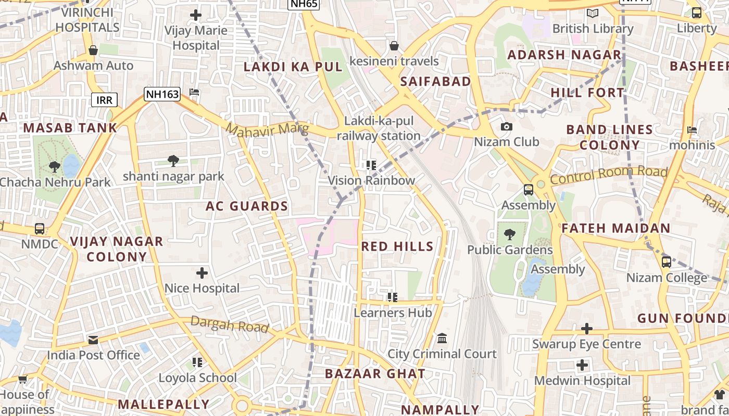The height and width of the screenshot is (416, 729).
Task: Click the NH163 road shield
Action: click(162, 94)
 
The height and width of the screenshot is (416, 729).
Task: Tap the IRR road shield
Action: click(104, 100)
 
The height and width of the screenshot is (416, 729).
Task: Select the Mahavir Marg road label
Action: click(268, 129)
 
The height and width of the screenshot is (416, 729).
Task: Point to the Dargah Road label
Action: click(230, 324)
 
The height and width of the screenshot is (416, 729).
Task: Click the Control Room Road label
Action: click(609, 175)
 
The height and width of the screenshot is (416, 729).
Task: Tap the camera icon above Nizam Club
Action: click(506, 126)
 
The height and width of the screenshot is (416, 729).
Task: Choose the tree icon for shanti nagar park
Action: click(173, 161)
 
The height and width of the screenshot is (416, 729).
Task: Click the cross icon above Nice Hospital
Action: click(202, 272)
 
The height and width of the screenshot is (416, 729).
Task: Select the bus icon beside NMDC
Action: click(40, 228)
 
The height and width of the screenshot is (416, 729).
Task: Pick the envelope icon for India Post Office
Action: click(93, 340)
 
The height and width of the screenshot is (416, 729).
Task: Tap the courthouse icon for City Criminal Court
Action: click(442, 339)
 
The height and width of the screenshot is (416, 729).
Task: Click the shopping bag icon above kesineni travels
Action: click(394, 46)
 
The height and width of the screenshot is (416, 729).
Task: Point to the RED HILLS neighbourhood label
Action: click(397, 246)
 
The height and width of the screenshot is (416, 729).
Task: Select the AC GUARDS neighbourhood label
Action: click(247, 206)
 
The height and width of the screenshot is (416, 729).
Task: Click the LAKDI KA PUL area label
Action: click(293, 67)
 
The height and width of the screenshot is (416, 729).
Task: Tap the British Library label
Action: click(593, 28)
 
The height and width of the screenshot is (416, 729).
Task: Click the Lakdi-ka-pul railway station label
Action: click(379, 128)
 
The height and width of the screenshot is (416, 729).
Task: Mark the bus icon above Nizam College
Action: click(667, 262)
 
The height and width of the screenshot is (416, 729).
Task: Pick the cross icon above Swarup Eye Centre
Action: click(587, 329)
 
